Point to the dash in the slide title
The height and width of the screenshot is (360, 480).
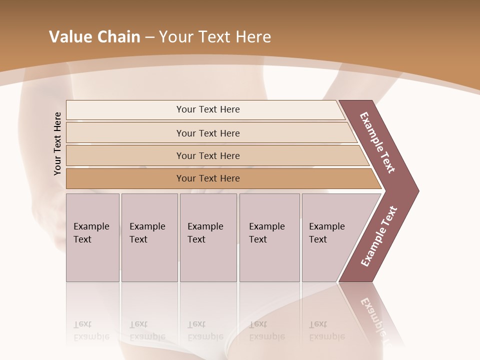[x=149, y=37]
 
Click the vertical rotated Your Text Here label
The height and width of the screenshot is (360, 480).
[x=57, y=144]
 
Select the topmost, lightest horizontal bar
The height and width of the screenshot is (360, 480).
[x=207, y=109]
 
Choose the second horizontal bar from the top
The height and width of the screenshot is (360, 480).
[x=207, y=133]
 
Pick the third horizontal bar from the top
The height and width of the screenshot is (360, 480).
[x=207, y=155]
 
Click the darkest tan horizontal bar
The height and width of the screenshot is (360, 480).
[x=207, y=178]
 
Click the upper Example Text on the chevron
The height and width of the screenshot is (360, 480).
[x=377, y=142]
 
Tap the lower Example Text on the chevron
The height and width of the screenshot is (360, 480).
[x=378, y=236]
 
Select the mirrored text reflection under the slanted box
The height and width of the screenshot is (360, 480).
[x=326, y=331]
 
